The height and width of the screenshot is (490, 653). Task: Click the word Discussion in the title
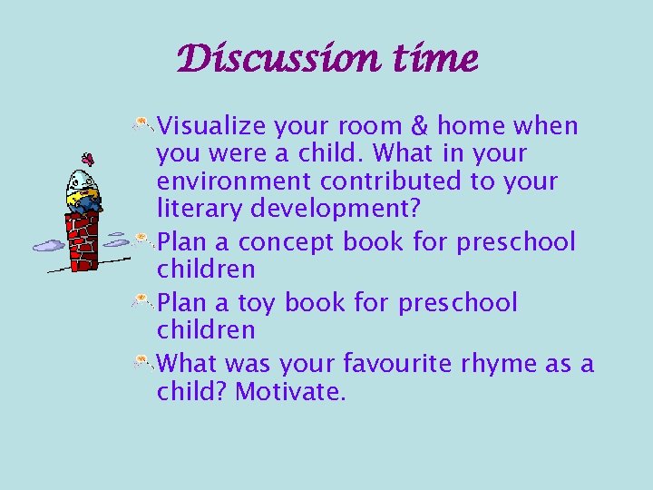[x=268, y=60]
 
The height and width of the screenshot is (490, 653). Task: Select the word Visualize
[x=210, y=125]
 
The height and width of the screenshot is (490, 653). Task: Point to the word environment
[x=230, y=181]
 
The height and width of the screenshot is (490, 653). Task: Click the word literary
[x=191, y=209]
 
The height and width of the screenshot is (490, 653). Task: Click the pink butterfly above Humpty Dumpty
[x=88, y=158]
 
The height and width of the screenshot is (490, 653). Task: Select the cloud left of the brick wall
[x=49, y=244]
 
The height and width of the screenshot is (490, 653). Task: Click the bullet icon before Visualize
[x=144, y=124]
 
